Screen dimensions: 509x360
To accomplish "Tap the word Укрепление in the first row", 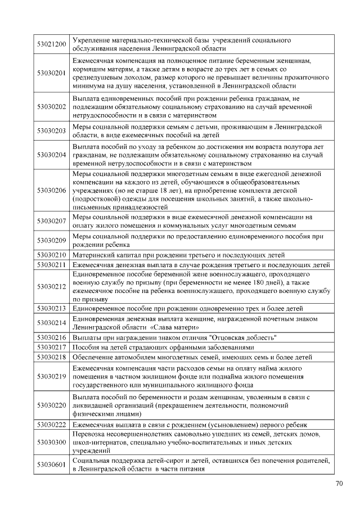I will [x=92, y=40].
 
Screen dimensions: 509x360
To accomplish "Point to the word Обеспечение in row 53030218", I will [x=93, y=357].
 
